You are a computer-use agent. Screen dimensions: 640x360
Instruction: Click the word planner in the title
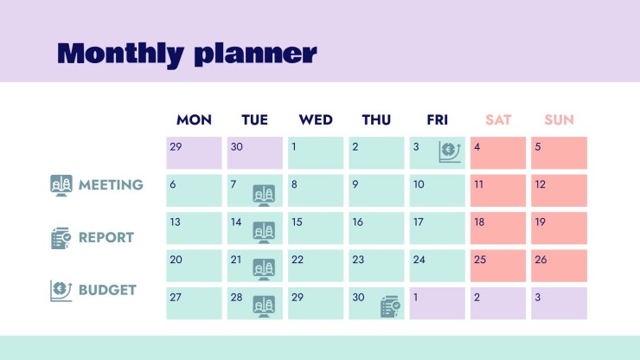click(255, 55)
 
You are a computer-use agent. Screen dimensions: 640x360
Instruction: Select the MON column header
click(194, 119)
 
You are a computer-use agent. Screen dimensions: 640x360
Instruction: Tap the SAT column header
click(498, 119)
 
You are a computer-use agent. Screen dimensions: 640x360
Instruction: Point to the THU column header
click(376, 119)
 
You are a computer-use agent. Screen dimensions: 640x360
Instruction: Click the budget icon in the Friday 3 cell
click(450, 152)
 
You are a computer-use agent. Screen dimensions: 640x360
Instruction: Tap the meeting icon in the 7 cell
click(264, 196)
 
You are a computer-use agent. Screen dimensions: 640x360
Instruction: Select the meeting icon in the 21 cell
click(264, 270)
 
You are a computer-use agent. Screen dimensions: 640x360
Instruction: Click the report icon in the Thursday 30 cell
click(390, 306)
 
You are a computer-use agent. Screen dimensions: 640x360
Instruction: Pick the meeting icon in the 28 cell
click(264, 307)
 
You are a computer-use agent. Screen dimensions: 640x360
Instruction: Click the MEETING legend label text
click(111, 185)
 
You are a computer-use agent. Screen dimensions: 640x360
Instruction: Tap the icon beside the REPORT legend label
click(61, 238)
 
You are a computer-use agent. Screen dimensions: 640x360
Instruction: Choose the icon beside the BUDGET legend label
click(61, 291)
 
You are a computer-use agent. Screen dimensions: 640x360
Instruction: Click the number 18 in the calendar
click(479, 222)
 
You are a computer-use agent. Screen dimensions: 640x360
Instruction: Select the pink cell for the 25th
click(498, 266)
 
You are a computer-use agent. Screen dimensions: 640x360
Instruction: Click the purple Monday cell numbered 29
click(194, 153)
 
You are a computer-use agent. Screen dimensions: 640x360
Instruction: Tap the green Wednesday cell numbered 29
click(316, 303)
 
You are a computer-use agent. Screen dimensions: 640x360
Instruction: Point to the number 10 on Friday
click(419, 184)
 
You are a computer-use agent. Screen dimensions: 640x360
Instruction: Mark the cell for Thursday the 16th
click(376, 228)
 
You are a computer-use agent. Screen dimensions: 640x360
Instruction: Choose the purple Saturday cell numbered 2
click(498, 303)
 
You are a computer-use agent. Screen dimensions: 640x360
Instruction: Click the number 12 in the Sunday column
click(540, 184)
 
